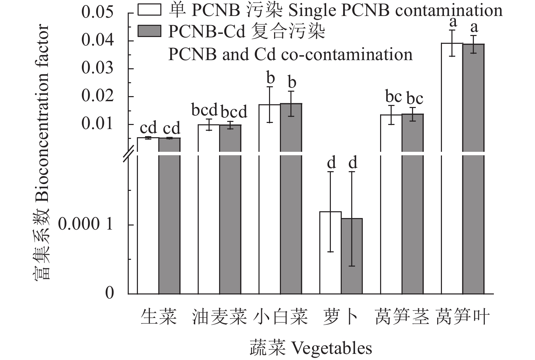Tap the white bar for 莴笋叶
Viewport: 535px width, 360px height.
452,170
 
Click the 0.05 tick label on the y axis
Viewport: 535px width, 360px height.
97,13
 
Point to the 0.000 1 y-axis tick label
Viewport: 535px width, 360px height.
85,224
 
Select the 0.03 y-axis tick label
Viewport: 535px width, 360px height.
97,68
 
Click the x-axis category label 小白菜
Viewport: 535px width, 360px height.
281,317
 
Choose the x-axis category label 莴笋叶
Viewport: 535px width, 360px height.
463,317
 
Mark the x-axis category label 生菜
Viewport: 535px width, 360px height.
159,317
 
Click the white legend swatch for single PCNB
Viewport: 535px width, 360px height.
149,10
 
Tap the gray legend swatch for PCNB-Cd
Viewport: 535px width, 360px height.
149,31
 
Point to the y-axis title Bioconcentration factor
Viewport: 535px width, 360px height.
42,153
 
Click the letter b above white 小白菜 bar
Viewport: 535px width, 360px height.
270,78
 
